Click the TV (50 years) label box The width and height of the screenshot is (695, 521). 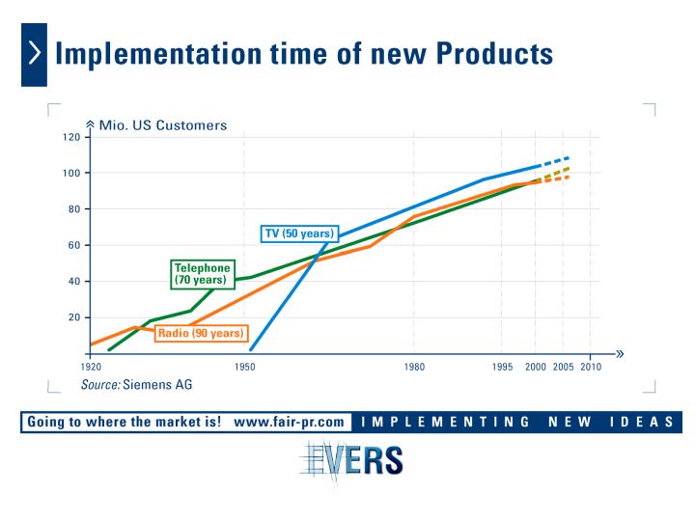[x=299, y=233]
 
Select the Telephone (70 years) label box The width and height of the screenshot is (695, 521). [x=203, y=274]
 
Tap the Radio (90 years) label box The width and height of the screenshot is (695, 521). [x=201, y=333]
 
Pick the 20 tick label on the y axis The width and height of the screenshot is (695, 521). [x=74, y=317]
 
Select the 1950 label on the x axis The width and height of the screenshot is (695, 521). [x=244, y=367]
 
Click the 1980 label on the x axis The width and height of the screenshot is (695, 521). [x=414, y=367]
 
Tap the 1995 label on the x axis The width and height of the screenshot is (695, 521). [x=502, y=367]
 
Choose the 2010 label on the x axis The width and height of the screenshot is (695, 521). [x=591, y=367]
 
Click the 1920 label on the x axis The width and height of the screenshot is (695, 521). [x=91, y=367]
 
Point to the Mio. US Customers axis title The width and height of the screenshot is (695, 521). [x=163, y=125]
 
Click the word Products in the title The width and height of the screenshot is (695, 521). [x=494, y=54]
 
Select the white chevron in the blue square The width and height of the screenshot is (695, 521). [x=35, y=53]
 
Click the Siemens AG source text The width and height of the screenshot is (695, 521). [x=157, y=385]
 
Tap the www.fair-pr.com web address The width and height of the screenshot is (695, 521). [x=289, y=422]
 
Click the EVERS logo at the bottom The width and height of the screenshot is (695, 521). [x=351, y=461]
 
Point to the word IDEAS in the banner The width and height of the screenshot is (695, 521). [x=642, y=422]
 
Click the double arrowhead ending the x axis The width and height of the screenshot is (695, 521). [x=620, y=353]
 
